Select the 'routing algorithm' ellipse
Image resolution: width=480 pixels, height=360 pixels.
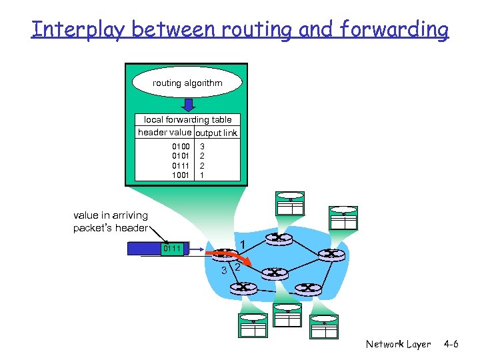tap(187, 83)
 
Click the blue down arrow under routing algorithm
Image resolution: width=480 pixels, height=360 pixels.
tap(188, 105)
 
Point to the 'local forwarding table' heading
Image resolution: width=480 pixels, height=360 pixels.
tap(187, 120)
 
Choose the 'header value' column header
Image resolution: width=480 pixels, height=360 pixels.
tap(165, 133)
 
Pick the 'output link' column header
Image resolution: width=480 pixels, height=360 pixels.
tap(216, 133)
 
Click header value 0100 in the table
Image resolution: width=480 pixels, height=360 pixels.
tap(181, 146)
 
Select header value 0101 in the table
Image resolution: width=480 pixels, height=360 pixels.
tap(181, 156)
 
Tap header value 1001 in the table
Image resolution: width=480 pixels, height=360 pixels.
tap(181, 175)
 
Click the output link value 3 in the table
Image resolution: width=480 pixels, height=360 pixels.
tap(203, 146)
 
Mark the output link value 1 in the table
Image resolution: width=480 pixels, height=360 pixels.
tap(203, 175)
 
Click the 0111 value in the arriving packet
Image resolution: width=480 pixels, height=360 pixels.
tap(172, 249)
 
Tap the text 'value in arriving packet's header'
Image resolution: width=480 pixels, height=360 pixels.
tap(111, 221)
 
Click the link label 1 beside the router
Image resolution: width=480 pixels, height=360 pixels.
tap(244, 244)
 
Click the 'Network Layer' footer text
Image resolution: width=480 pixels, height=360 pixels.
tap(398, 345)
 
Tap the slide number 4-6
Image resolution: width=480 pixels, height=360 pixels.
tap(451, 345)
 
